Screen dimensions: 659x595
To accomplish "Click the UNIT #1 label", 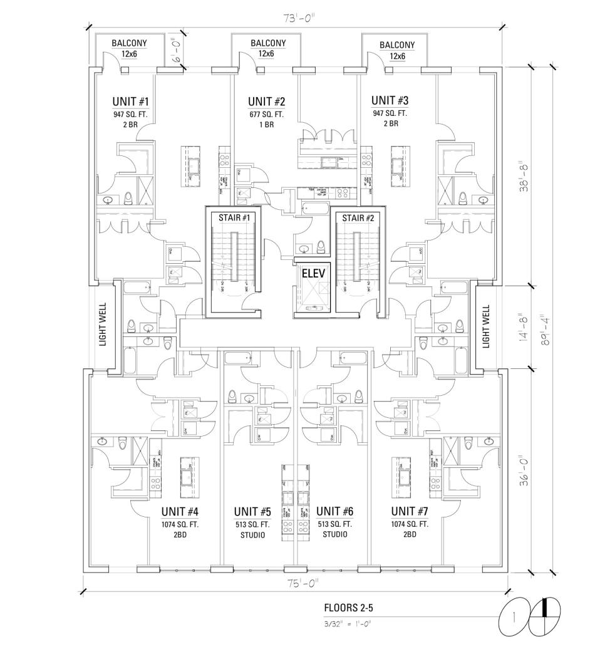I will tap(130, 101).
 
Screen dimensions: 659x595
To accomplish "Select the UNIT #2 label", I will tap(267, 101).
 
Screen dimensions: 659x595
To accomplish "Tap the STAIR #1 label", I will tap(233, 217).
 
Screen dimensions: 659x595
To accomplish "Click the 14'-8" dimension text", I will tap(525, 326).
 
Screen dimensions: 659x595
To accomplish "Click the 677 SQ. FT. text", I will tap(267, 115).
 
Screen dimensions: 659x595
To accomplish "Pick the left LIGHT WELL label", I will tap(104, 325).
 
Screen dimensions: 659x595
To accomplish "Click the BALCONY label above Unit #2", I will tap(267, 43).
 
